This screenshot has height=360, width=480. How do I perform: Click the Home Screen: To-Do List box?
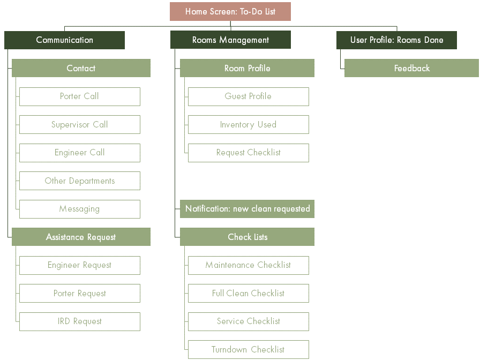[230, 12]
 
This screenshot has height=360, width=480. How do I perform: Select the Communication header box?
[65, 40]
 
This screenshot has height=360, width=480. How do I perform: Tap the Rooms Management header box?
[230, 40]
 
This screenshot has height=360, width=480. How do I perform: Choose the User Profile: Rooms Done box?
[397, 40]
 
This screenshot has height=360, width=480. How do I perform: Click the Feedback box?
[412, 68]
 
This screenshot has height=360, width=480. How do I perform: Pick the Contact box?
[81, 68]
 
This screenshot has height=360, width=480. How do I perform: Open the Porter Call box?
[80, 97]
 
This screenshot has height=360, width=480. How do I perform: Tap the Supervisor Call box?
[80, 125]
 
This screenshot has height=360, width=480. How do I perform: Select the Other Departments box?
[80, 181]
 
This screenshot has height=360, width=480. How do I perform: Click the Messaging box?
[80, 209]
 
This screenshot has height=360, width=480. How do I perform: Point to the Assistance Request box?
[81, 237]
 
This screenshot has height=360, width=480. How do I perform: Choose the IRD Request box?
[80, 321]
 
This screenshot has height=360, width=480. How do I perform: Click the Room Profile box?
[247, 68]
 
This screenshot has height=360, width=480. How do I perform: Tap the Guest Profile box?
[248, 97]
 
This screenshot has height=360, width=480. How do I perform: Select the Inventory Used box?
[248, 125]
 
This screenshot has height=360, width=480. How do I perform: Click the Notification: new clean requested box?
[247, 209]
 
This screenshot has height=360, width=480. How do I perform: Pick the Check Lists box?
[247, 237]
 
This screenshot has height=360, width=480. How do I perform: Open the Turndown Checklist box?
[248, 350]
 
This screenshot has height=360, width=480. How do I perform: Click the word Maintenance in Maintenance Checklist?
[230, 265]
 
